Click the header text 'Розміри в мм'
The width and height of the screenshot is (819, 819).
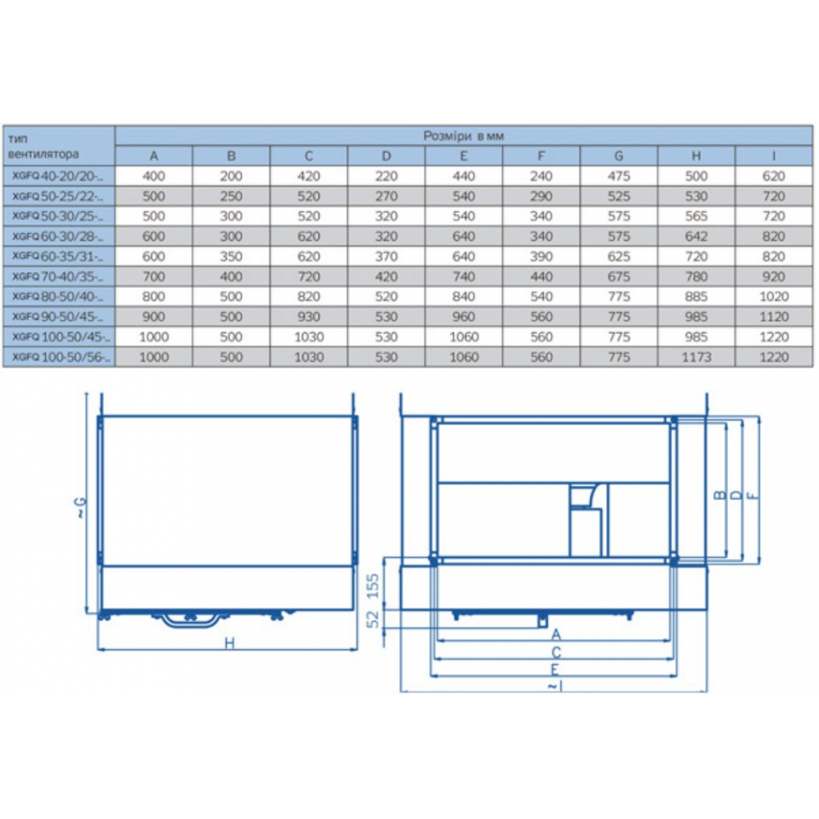coord(464,136)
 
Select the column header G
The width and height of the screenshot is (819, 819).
coord(618,156)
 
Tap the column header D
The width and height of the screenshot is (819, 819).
coord(386,156)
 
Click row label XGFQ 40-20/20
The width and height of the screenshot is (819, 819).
coord(57,176)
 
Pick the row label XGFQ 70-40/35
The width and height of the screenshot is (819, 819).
coord(57,276)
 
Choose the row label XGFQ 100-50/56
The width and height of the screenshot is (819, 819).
coord(61,357)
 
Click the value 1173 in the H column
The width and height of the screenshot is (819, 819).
coord(695,357)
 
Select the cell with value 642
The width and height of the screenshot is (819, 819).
coord(695,236)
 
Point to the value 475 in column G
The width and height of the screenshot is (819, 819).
coord(618,176)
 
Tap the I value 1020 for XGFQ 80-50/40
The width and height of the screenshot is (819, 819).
coord(774,296)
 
